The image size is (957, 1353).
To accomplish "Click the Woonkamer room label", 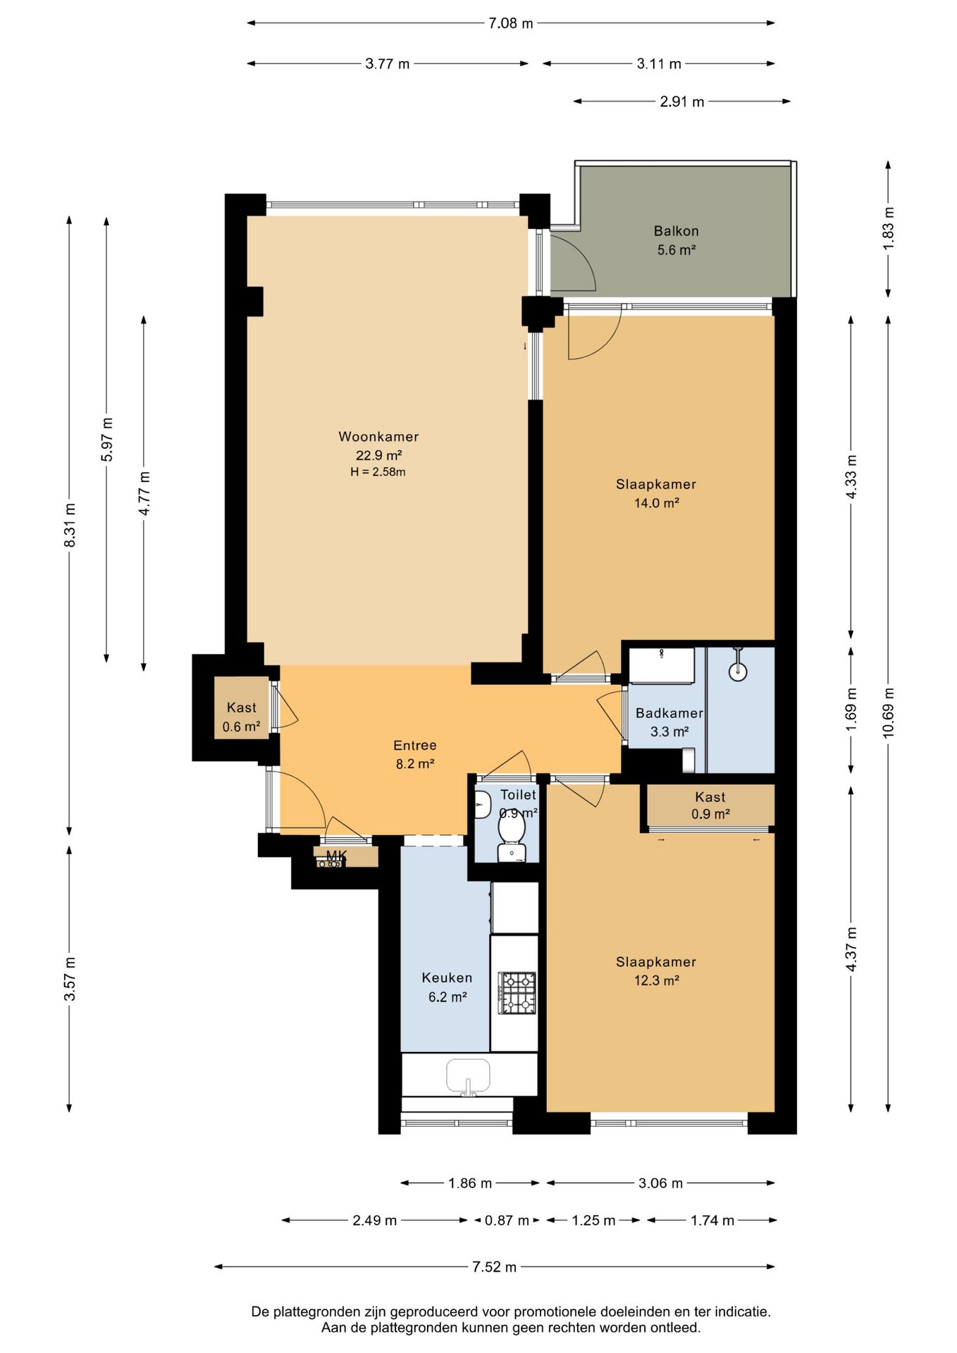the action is coord(378,437).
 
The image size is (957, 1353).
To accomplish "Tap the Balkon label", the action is coord(676,231).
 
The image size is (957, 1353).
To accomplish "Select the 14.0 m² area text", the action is coord(656,503).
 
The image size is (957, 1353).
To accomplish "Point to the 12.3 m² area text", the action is coord(656,981).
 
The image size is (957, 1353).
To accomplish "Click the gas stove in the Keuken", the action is coord(517,993).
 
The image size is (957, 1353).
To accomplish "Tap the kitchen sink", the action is coord(468,1077).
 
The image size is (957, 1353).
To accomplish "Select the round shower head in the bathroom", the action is coord(738,671).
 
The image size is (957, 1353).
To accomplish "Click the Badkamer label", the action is coord(669,713).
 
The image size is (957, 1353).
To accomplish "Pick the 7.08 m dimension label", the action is coord(511,23).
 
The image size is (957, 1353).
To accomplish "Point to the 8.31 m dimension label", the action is coord(69,525).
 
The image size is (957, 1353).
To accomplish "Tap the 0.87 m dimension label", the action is coord(507,1221).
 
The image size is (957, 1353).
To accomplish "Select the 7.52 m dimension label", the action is coord(494,1267).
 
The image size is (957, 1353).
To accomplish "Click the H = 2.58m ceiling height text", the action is coord(378,472).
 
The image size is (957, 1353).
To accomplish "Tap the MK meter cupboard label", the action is coord(336,856).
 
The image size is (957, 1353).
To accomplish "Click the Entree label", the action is coord(415,746).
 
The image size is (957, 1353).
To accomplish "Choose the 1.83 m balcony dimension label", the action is coord(888,226).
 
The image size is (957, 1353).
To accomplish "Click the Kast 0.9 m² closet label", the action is coord(710,805).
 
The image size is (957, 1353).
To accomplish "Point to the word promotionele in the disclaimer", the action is coord(555,1312).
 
